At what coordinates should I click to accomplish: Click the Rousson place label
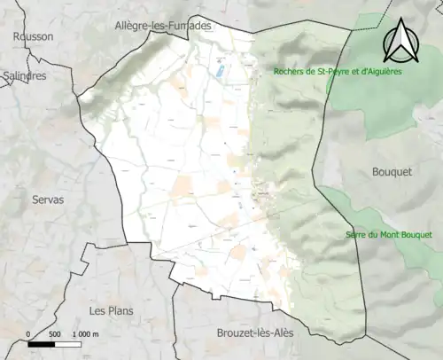point(33,36)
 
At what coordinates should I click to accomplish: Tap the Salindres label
point(25,76)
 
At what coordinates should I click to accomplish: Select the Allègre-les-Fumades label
point(163,27)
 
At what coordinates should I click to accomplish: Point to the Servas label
point(47,200)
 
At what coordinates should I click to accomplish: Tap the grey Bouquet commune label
point(393,172)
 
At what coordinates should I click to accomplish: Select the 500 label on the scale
point(55,334)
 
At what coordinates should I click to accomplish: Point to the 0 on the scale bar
point(29,334)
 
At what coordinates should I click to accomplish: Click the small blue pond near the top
point(220,70)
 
